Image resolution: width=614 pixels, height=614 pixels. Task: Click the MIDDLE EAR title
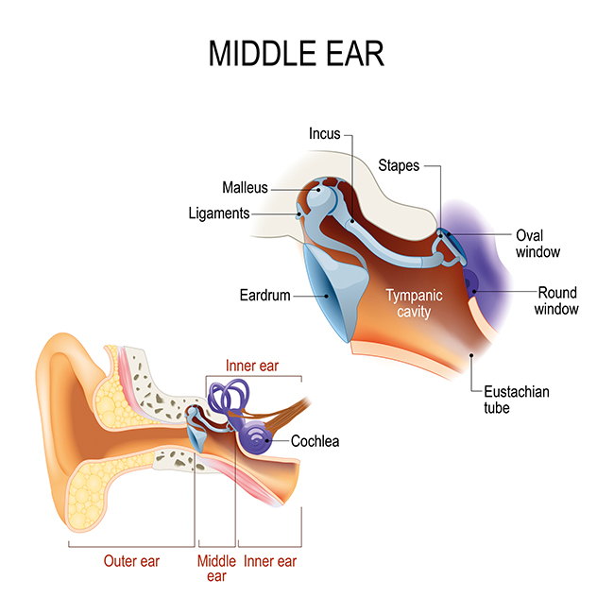(x=297, y=54)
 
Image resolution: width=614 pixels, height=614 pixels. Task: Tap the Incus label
(x=325, y=133)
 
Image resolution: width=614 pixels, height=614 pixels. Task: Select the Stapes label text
(x=399, y=165)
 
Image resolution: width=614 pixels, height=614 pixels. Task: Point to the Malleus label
(x=246, y=188)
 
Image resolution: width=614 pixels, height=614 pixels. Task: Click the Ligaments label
(x=219, y=213)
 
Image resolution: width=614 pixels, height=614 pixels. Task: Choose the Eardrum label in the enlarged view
(x=265, y=296)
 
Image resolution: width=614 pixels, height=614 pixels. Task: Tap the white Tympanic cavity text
(x=415, y=303)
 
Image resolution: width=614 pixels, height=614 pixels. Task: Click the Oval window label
(x=538, y=244)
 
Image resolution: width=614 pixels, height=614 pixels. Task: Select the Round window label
(x=556, y=300)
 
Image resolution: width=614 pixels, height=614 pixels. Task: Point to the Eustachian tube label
(x=517, y=400)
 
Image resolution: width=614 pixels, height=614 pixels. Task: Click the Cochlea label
(x=316, y=441)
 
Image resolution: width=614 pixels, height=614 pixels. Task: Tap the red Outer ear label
(x=131, y=561)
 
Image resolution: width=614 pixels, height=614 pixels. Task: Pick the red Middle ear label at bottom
(x=216, y=569)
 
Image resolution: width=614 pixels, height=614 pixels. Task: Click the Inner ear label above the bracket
(x=252, y=366)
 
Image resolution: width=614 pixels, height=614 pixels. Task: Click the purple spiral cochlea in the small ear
(x=256, y=438)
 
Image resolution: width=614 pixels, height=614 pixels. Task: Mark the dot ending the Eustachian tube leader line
(x=471, y=355)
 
